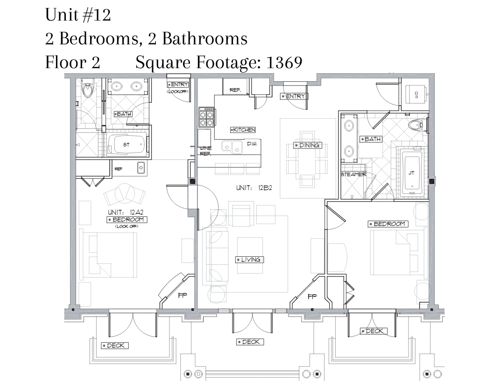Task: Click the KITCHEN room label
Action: pos(243,129)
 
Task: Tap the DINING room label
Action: pos(308,145)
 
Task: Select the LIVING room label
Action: pos(249,260)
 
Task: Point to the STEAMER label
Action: pos(353,174)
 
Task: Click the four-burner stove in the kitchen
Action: pos(206,118)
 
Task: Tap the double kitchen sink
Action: pos(232,147)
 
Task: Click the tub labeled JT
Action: pos(412,173)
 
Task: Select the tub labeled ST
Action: pos(127,144)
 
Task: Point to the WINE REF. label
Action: pos(205,151)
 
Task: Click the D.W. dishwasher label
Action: pos(252,144)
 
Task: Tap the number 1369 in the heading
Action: pos(284,62)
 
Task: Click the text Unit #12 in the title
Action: pos(78,15)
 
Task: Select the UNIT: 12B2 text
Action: pos(254,188)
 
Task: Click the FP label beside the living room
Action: pos(312,296)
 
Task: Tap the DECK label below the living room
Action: pos(250,342)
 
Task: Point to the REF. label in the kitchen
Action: pos(235,90)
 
